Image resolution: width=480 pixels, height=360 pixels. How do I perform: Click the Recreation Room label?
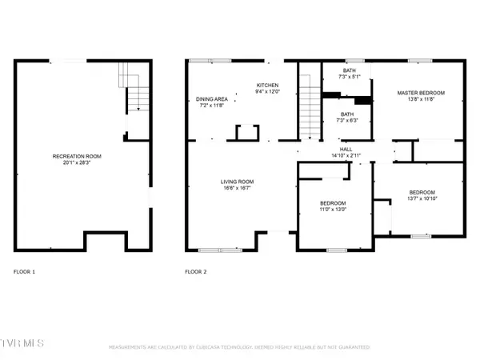click(77, 156)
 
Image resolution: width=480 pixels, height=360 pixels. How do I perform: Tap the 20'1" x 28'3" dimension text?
click(77, 163)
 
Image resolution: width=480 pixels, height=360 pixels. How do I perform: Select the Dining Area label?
click(212, 99)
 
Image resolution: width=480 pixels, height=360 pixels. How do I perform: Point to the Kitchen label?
click(267, 85)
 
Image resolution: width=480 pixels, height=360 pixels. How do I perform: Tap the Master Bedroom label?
click(421, 93)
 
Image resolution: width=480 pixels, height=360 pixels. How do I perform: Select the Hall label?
click(345, 149)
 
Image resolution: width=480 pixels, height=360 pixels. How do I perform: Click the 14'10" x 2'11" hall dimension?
click(345, 155)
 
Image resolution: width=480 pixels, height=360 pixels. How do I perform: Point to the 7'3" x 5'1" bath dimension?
click(349, 77)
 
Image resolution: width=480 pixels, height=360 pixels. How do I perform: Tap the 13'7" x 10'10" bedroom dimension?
click(421, 199)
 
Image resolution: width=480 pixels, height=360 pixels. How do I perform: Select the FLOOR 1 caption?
click(24, 272)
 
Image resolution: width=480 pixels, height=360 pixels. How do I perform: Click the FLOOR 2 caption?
click(195, 272)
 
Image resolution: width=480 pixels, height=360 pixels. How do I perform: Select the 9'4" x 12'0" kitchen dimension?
click(267, 92)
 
